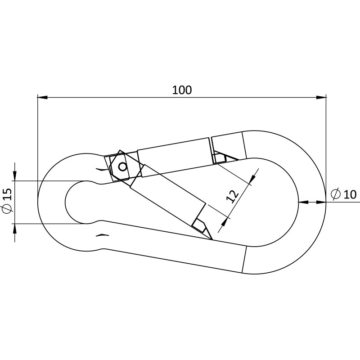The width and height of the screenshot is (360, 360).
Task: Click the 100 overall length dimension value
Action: click(182, 90)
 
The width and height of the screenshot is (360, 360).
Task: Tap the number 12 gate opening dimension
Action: click(232, 197)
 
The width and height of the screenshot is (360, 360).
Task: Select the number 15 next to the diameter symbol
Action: click(7, 194)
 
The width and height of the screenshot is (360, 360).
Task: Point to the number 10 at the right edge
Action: click(350, 194)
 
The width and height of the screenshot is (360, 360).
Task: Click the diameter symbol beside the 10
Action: click(335, 194)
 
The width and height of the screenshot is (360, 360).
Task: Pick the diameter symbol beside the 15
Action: click(7, 209)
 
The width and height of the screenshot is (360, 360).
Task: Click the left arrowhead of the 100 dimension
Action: click(42, 97)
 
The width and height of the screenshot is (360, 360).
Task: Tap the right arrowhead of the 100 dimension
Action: click(321, 97)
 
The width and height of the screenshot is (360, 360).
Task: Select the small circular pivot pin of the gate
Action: click(122, 167)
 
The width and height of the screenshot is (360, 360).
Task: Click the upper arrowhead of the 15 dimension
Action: click(15, 176)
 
